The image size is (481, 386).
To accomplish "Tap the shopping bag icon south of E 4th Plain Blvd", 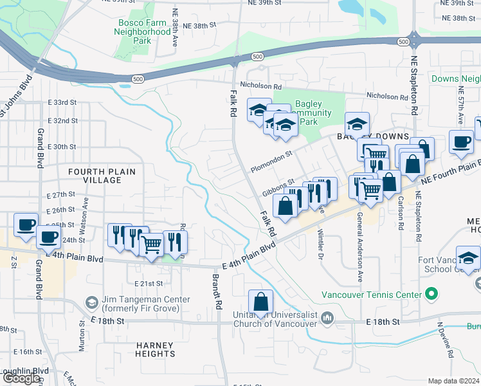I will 261,302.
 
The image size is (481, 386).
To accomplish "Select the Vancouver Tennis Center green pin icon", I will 431,295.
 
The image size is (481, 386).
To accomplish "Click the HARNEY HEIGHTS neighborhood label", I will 156,349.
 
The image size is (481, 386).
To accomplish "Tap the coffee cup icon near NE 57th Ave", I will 460,142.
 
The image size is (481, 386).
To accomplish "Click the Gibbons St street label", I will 278,188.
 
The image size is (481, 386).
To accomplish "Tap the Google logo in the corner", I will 21,378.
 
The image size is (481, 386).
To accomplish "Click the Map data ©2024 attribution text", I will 453,381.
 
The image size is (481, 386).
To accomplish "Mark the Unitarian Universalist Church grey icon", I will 328,317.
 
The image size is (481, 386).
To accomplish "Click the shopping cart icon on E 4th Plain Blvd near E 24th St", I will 151,245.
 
